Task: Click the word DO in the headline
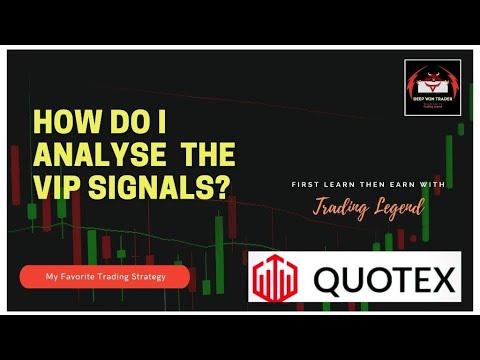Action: tap(126, 123)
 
